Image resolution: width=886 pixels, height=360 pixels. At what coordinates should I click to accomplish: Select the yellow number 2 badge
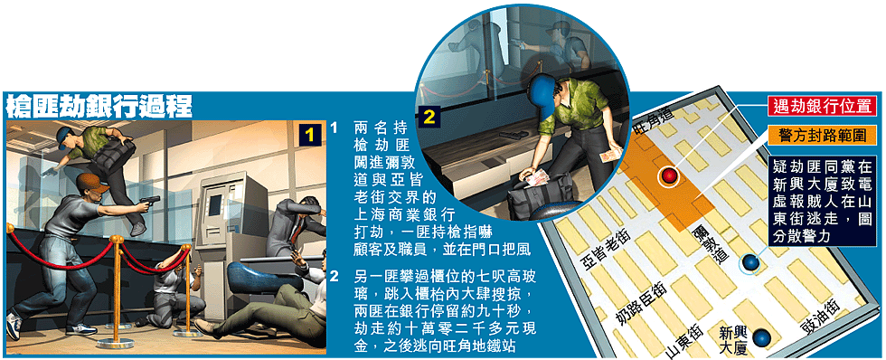[x=429, y=118]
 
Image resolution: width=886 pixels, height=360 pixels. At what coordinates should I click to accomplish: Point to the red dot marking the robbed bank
[x=669, y=176]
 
